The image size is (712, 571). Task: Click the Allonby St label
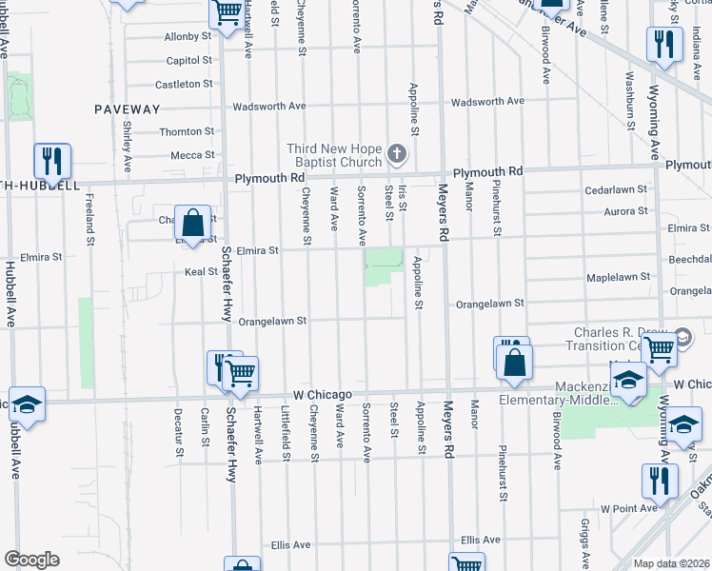point(188,36)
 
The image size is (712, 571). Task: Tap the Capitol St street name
point(188,60)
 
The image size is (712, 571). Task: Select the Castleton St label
point(184,84)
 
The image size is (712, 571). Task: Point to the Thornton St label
point(187,131)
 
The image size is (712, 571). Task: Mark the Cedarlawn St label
point(616,189)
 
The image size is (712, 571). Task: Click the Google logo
point(31,560)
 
